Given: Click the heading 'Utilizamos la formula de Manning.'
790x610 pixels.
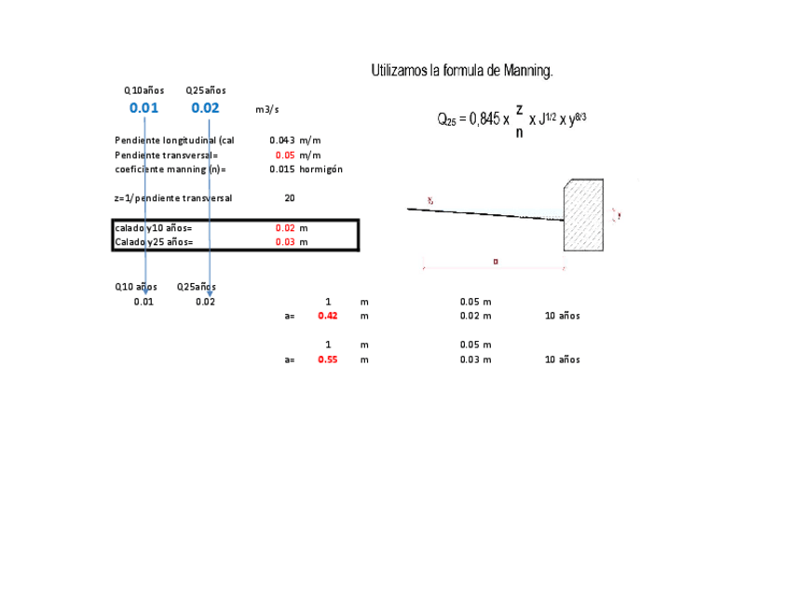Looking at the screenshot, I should tap(462, 71).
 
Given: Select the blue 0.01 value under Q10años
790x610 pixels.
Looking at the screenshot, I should tap(143, 108).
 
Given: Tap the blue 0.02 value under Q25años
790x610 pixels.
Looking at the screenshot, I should tap(205, 108).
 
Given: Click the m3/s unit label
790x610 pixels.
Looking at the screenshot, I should tap(266, 110).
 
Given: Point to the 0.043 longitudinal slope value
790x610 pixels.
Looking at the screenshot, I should tap(282, 140).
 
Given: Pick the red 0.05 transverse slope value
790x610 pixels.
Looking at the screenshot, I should tap(285, 155).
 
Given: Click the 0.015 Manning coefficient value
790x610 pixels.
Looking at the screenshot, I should tap(282, 169).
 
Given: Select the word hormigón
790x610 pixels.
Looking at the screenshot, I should tap(321, 169).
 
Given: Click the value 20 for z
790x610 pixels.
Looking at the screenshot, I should tap(290, 198).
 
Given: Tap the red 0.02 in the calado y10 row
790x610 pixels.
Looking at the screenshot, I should tap(285, 228).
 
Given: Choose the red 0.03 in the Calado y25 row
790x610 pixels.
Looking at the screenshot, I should tap(285, 242).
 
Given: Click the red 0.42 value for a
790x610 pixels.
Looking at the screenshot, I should tap(327, 316).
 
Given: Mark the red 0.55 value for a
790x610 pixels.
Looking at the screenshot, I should tap(327, 359).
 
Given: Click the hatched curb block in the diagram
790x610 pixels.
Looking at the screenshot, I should tap(583, 215).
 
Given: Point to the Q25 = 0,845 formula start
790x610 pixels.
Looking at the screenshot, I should tap(470, 119).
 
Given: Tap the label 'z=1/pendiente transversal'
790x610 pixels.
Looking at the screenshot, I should tap(173, 198).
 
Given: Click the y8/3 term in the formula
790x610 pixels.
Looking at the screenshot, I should tap(577, 118).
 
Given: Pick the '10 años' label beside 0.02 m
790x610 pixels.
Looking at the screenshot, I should tap(562, 316).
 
